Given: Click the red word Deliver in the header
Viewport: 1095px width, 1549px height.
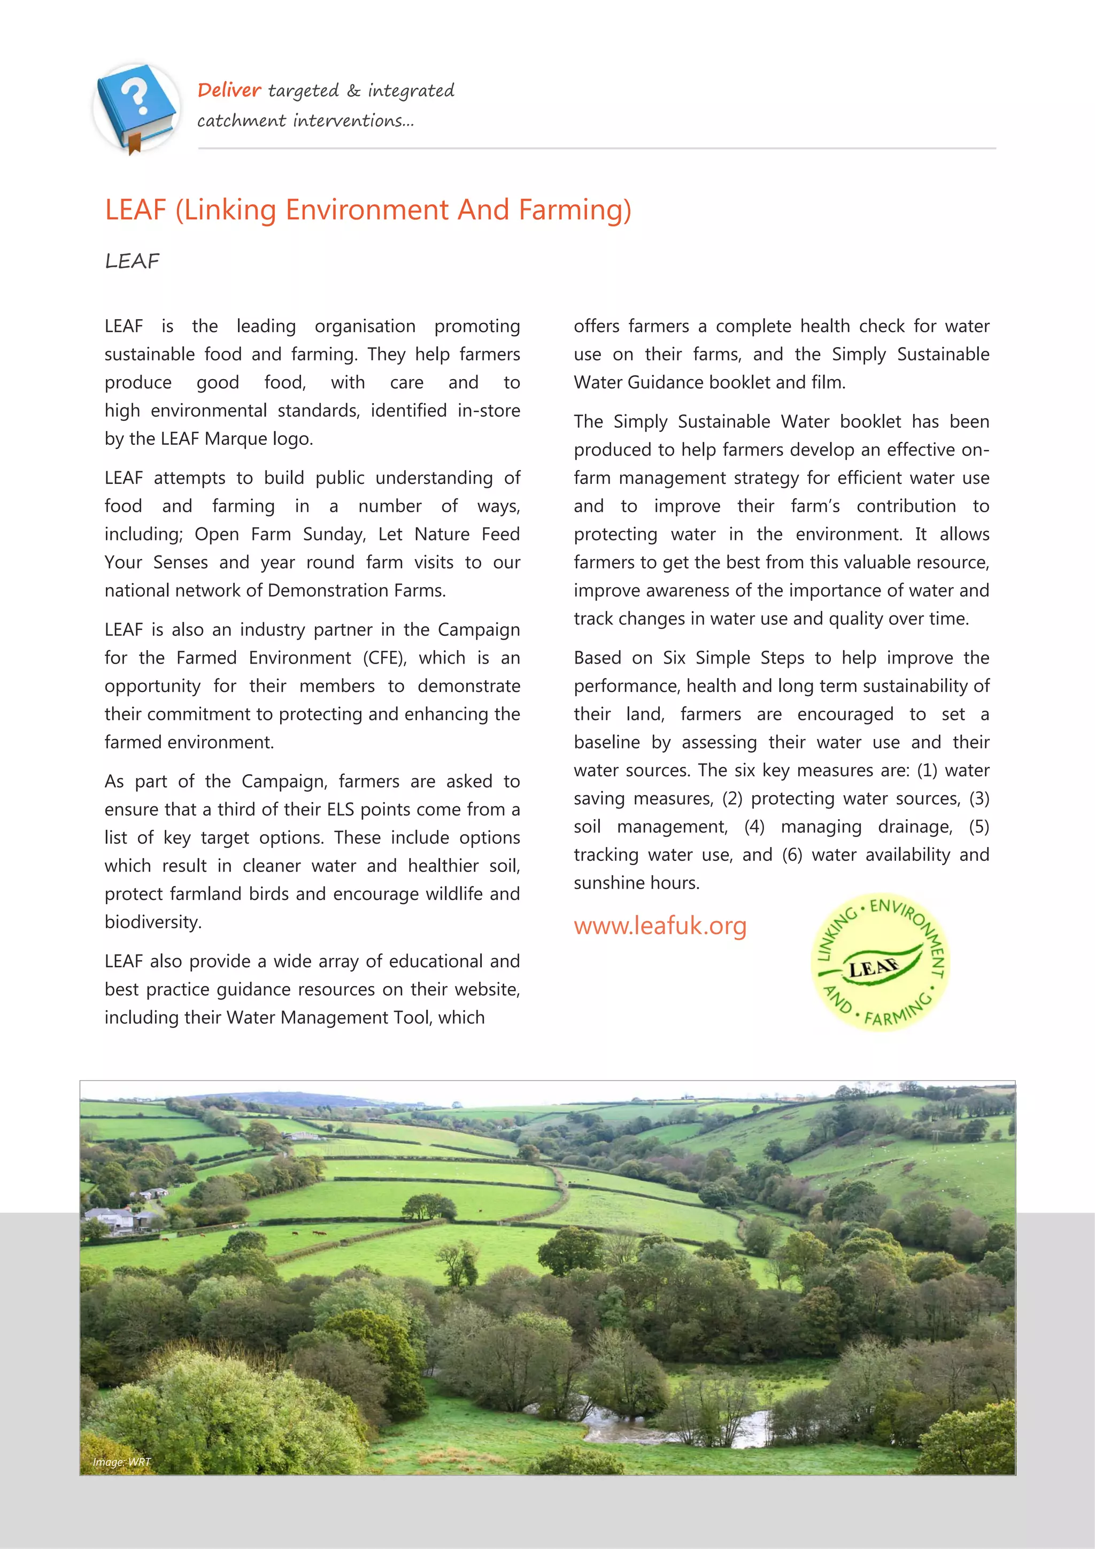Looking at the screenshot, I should click(229, 90).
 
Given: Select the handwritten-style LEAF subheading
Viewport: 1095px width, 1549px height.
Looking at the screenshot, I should click(132, 261).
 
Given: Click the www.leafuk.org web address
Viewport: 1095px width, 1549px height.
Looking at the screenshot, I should click(660, 926).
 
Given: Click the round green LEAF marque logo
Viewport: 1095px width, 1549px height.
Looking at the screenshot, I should click(881, 964).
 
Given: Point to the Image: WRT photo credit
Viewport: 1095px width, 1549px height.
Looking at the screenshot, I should click(121, 1462).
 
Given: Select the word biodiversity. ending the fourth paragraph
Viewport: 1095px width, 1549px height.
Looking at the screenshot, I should click(153, 922).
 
